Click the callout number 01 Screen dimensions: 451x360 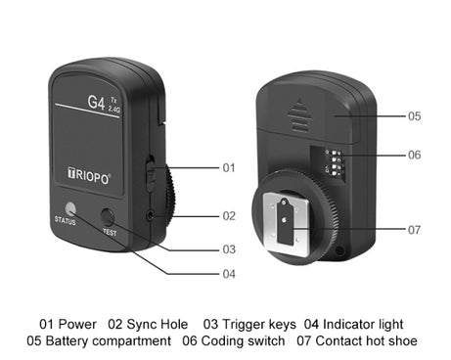[x=229, y=168]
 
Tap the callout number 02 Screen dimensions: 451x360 [x=229, y=215]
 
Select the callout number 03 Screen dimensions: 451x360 [x=229, y=249]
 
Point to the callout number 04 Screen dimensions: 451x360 [x=229, y=274]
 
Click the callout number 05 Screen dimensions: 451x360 [x=415, y=115]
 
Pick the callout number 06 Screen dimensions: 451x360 [x=415, y=155]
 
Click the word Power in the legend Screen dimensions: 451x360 [x=79, y=324]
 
